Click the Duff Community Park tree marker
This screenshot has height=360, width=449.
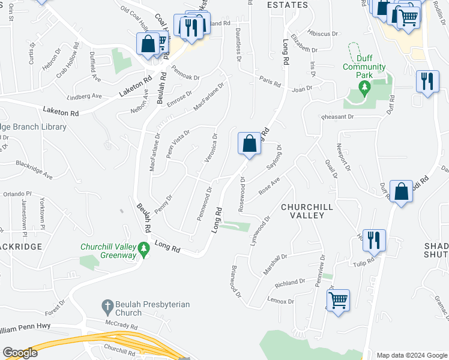click(x=363, y=88)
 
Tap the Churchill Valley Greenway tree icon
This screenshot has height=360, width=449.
click(x=143, y=248)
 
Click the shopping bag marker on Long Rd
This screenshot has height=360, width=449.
click(x=249, y=143)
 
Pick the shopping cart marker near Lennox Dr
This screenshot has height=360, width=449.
click(x=338, y=299)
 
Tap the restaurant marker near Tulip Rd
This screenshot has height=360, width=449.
click(x=375, y=240)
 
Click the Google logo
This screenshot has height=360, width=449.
click(x=20, y=353)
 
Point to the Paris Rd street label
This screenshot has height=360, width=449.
click(x=270, y=82)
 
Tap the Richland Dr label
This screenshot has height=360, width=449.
click(x=290, y=283)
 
